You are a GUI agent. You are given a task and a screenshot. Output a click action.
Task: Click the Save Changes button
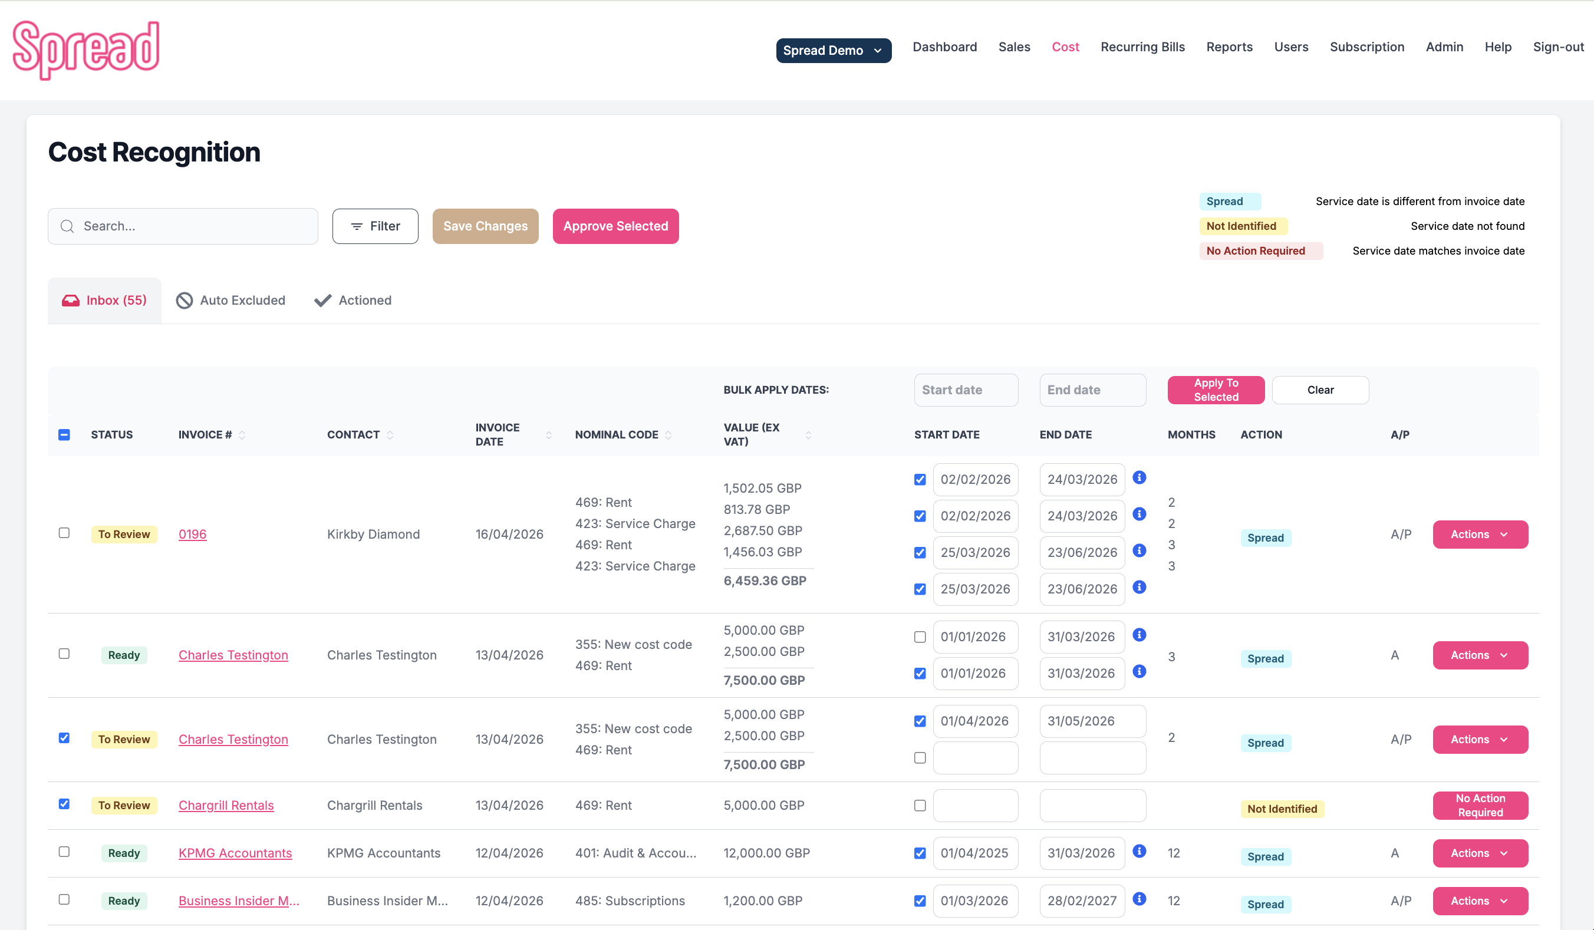(x=485, y=226)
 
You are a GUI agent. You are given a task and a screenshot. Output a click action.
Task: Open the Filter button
(x=375, y=226)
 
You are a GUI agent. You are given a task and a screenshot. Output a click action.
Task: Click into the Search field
(x=190, y=226)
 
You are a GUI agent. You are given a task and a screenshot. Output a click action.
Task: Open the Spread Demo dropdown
(x=833, y=51)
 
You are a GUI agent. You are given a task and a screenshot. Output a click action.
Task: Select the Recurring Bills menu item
(x=1142, y=47)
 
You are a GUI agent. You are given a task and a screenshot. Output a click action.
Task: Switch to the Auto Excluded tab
(x=231, y=301)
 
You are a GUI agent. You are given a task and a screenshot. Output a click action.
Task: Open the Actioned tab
(x=353, y=301)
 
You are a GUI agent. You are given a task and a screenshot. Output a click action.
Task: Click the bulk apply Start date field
(x=965, y=390)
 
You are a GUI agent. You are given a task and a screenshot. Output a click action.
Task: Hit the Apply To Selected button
(x=1216, y=390)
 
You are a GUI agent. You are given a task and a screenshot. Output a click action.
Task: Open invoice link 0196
(x=192, y=534)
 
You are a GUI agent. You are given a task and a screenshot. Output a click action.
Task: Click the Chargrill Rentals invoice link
(x=226, y=806)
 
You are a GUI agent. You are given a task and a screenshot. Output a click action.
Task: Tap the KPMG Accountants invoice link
(x=235, y=853)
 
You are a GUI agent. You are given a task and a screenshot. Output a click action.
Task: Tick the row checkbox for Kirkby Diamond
(x=64, y=533)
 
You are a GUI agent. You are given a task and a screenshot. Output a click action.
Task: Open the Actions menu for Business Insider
(x=1480, y=901)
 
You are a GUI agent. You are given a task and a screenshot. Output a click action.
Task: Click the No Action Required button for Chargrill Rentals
(x=1480, y=806)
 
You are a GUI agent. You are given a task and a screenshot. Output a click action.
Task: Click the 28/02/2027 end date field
(x=1082, y=901)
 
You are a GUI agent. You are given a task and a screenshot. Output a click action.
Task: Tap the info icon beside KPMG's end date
(x=1139, y=851)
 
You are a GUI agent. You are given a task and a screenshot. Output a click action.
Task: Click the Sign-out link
(x=1558, y=47)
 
